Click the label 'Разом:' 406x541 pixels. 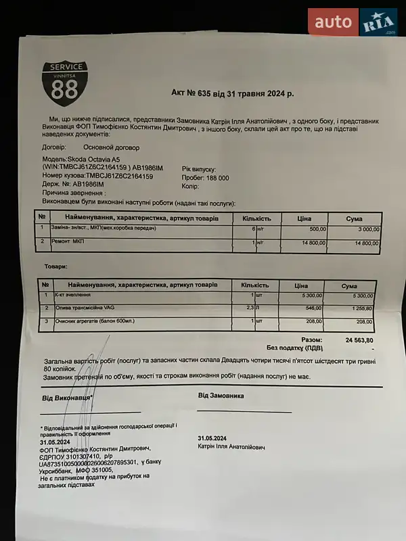click(x=311, y=339)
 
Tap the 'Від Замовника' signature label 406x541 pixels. click(x=221, y=396)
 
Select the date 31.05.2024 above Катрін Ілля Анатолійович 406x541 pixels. click(x=212, y=438)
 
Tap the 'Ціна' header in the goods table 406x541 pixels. click(x=301, y=285)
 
